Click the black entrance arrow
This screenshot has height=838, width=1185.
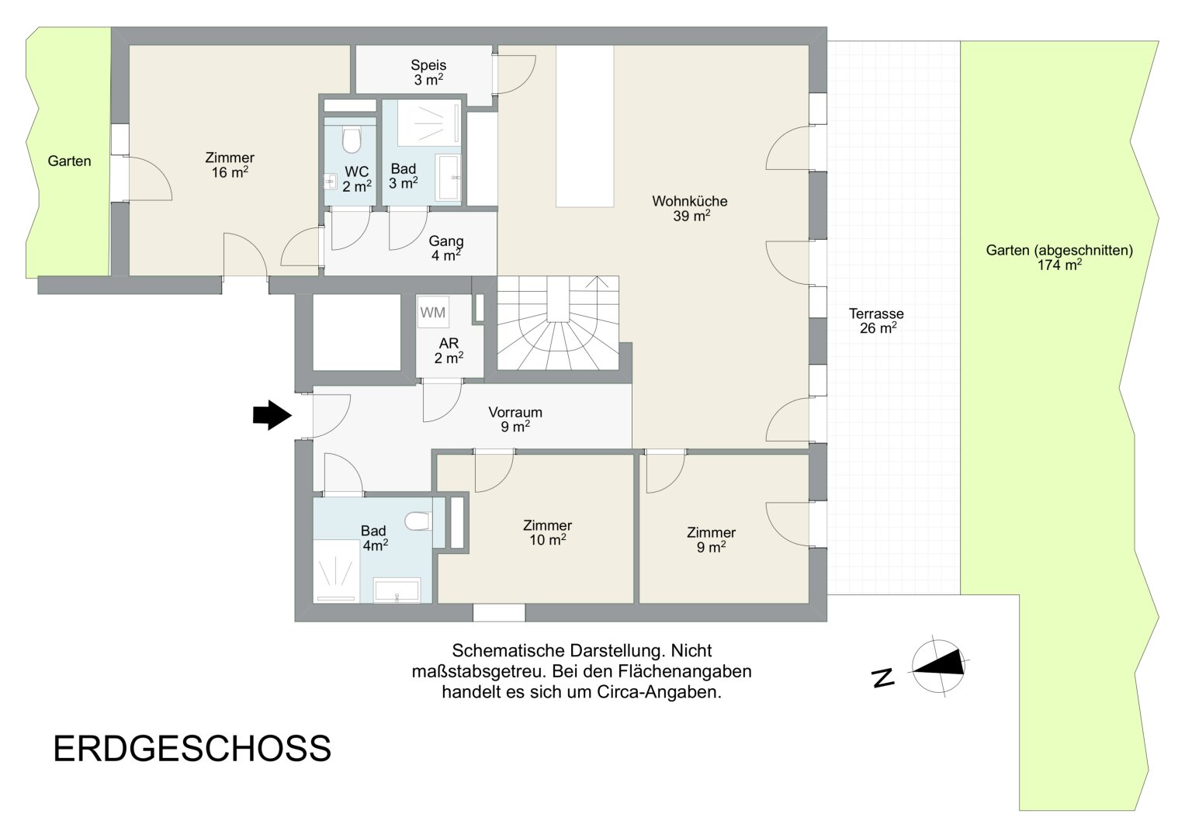tap(272, 415)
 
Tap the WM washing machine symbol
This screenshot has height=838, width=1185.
tap(433, 312)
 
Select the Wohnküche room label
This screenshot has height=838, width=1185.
tap(690, 209)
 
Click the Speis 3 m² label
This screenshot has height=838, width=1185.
tap(428, 72)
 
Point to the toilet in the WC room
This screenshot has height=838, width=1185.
tap(351, 140)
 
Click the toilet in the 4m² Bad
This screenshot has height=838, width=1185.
tap(418, 520)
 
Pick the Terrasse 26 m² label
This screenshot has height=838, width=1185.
tap(877, 320)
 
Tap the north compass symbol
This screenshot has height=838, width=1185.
tap(938, 666)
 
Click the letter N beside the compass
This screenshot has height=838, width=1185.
tap(882, 677)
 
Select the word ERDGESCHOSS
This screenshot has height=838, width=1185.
tap(192, 749)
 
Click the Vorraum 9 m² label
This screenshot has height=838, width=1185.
tap(515, 419)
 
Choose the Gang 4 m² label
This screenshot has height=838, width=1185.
tap(445, 248)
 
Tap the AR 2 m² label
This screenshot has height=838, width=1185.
tap(449, 351)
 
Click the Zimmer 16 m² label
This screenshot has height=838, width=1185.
tap(230, 165)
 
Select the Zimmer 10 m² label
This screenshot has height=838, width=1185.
tap(548, 533)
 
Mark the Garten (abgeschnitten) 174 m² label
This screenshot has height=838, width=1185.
tap(1059, 258)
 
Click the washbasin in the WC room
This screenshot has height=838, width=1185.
tap(330, 182)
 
